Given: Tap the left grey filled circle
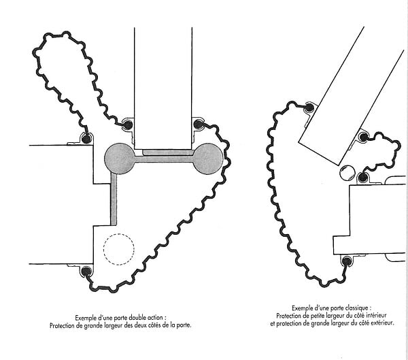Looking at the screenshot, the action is pos(120,159).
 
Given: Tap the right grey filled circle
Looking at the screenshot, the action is pos(208,159).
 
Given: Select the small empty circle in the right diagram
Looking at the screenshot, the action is pos(347,173).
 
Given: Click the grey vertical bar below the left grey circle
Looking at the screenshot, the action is pos(114,199).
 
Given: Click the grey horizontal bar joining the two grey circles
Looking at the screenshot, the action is pos(164,159).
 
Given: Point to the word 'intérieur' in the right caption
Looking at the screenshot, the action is pos(376,316).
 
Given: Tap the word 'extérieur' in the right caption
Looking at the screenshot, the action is pos(381,323).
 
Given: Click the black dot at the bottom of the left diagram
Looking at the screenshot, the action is pos(86,272).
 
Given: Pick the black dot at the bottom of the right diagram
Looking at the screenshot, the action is pos(346,261).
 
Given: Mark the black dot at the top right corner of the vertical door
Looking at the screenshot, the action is pos(198,124).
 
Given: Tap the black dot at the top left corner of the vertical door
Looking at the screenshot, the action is pos(128,125).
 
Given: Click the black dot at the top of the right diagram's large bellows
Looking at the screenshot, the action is pos(309,107).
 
